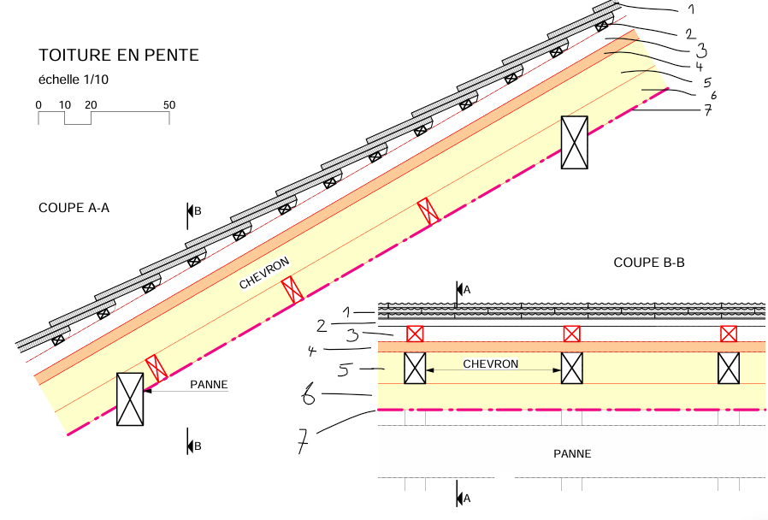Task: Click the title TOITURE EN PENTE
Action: point(119,55)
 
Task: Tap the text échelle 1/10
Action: point(74,80)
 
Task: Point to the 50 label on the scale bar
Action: point(169,105)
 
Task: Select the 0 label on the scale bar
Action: point(38,105)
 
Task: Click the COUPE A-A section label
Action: point(74,208)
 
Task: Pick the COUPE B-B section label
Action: point(649,263)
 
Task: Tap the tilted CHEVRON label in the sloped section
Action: point(264,273)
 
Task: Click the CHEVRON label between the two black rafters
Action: point(490,363)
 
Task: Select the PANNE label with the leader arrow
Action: point(210,384)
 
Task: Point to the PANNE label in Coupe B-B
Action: point(572,454)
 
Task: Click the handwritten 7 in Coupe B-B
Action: point(304,440)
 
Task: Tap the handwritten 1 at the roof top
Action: point(691,9)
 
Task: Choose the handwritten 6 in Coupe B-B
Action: point(309,394)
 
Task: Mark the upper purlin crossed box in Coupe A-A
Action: point(574,143)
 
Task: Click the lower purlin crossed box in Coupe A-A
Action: point(130,399)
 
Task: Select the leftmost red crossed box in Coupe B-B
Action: point(415,334)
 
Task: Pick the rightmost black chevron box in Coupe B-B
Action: point(729,369)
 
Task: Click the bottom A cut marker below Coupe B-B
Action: point(463,499)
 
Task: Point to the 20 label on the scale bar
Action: point(91,105)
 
